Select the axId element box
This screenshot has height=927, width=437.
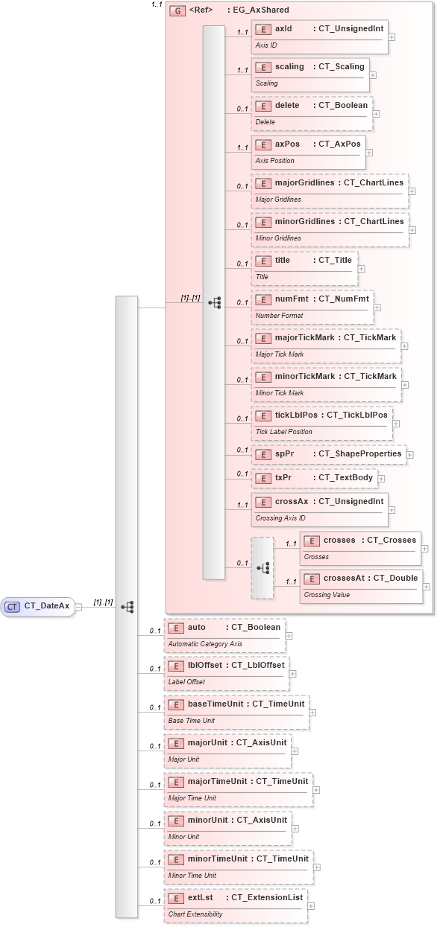(319, 36)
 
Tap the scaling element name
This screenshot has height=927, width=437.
(289, 67)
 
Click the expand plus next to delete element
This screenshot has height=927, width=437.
(377, 114)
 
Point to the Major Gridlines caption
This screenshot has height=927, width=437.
(278, 200)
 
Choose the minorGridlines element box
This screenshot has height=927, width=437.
(330, 229)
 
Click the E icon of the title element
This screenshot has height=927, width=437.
(263, 261)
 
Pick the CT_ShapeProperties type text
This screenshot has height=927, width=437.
(360, 453)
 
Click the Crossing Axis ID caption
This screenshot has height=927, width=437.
(280, 517)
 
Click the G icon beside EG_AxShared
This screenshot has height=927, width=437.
(177, 10)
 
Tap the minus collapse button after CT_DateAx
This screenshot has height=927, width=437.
(78, 607)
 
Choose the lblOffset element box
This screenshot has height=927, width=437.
(226, 673)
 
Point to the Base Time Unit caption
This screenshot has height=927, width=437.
(192, 720)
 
